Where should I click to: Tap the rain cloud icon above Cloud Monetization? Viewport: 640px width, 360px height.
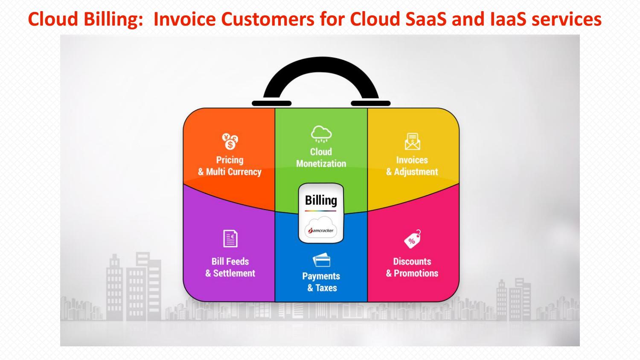click(x=321, y=134)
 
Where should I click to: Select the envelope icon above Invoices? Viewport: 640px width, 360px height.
click(x=412, y=142)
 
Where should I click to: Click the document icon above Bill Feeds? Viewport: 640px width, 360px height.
click(x=230, y=239)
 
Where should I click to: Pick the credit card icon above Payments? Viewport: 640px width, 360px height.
click(x=321, y=260)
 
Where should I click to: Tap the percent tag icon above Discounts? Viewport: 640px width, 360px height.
click(x=412, y=239)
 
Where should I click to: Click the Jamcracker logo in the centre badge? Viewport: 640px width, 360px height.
click(x=321, y=230)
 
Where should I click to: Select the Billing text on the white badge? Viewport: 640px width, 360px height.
click(x=321, y=200)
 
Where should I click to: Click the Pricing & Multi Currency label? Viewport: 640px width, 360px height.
click(x=230, y=166)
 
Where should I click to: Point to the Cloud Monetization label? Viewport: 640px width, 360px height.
click(x=321, y=158)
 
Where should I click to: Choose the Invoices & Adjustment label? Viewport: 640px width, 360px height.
click(x=412, y=166)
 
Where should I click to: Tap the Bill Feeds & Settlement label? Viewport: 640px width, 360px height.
click(x=230, y=267)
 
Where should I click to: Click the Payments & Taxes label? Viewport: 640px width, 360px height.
click(x=321, y=282)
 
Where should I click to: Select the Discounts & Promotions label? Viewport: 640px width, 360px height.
click(x=412, y=267)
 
